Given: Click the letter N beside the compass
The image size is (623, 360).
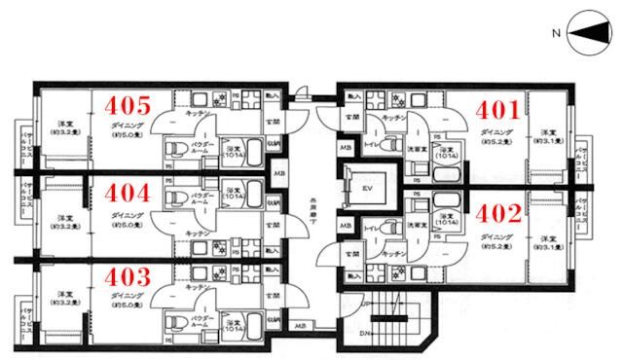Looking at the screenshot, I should click(x=556, y=35).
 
